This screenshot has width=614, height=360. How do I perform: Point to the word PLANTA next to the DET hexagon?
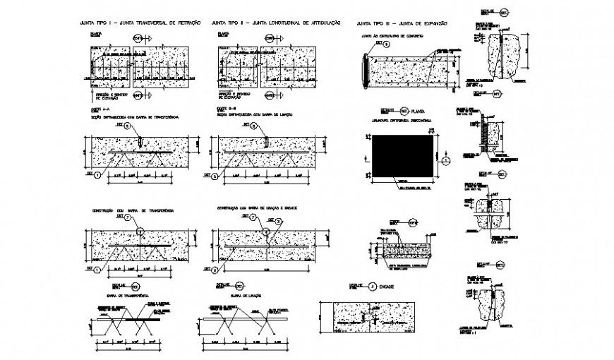point(418,111)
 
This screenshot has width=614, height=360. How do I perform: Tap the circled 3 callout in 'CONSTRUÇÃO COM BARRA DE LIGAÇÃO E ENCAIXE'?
point(279,221)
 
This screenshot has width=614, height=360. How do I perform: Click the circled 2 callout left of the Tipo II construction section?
point(215,269)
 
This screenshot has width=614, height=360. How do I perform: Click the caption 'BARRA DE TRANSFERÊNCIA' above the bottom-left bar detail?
point(120,296)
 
